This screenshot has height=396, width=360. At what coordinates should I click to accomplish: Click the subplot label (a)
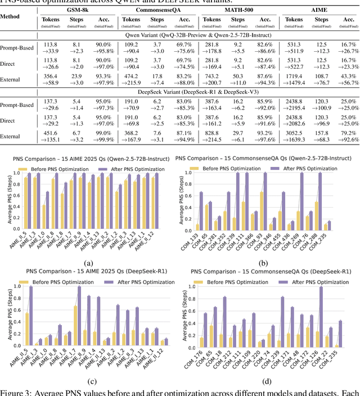(89, 264)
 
